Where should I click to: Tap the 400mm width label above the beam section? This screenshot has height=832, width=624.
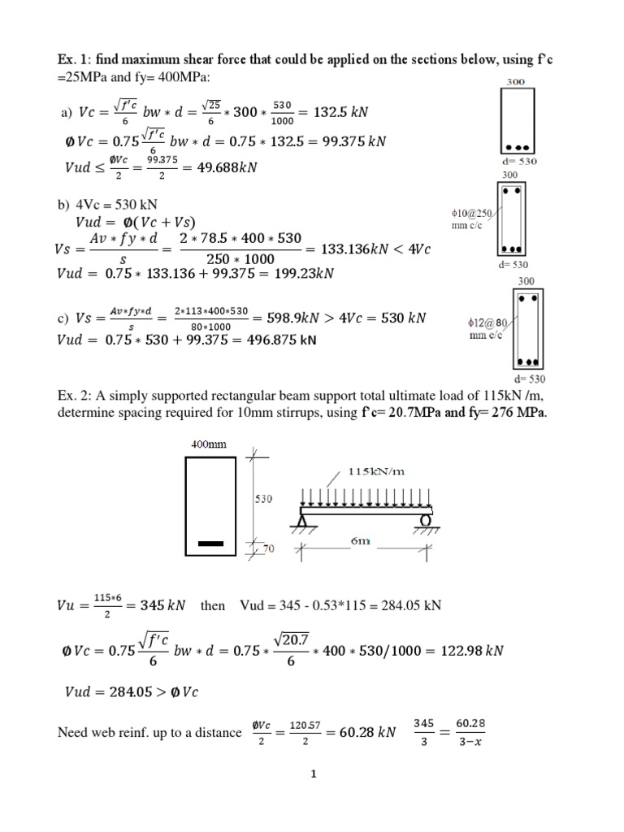[x=210, y=444]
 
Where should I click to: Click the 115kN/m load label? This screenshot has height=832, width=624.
[x=376, y=471]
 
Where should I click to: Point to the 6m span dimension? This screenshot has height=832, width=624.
[x=360, y=541]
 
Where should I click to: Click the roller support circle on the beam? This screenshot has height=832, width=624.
[x=425, y=521]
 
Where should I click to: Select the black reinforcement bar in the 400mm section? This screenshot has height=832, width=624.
[x=211, y=543]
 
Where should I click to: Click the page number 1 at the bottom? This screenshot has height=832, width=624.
[x=312, y=774]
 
